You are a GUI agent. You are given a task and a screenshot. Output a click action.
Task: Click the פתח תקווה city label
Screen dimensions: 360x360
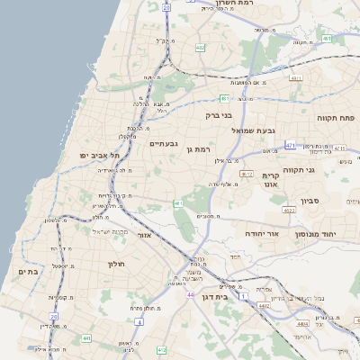[x=337, y=117]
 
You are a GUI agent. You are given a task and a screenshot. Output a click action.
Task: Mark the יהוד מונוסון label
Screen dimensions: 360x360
[x=340, y=233]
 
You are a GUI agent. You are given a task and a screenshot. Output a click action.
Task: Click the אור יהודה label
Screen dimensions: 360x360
[x=262, y=233]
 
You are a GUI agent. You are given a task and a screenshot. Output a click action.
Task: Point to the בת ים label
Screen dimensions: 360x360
[x=28, y=271]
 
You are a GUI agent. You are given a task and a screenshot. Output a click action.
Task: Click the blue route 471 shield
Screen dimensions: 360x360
[x=290, y=145]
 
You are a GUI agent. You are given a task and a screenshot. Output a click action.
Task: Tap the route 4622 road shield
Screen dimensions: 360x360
[x=288, y=209]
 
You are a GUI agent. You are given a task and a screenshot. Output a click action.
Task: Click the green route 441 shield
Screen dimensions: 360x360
[x=86, y=338]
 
